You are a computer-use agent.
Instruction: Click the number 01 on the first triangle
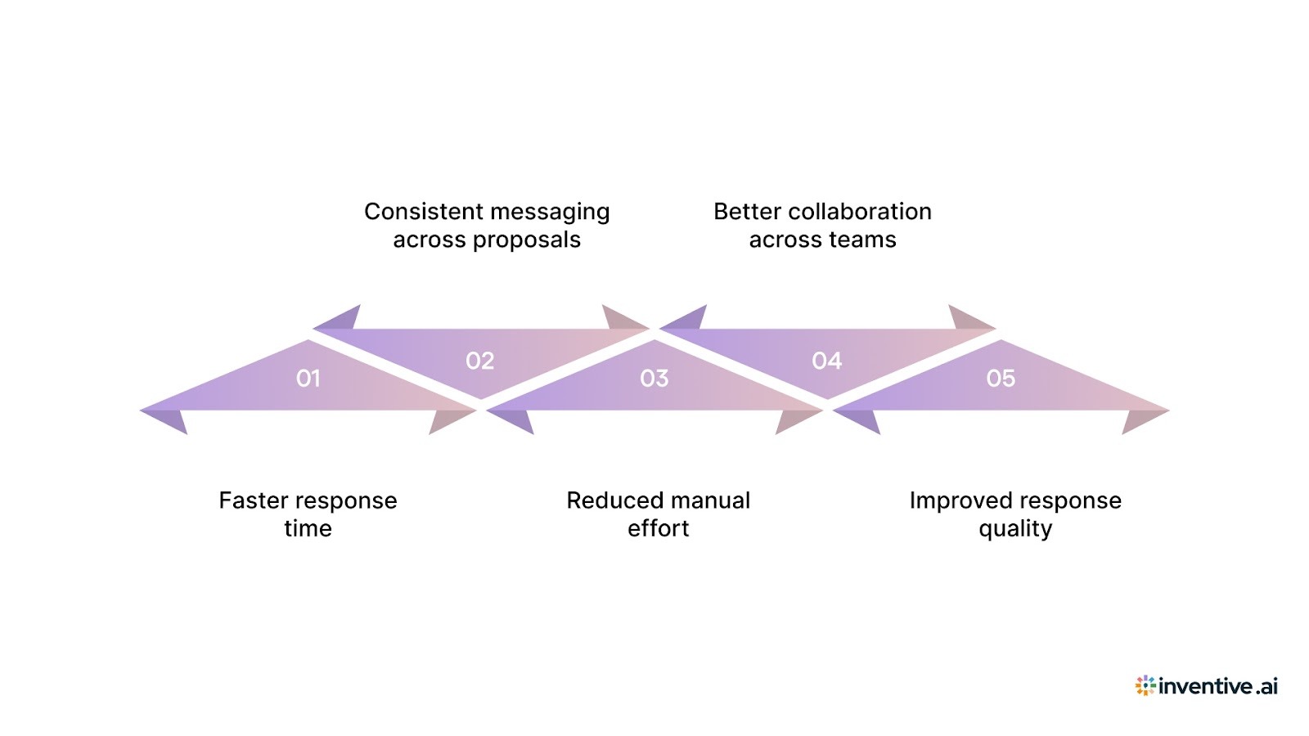click(x=308, y=378)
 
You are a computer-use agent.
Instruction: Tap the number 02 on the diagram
click(x=480, y=361)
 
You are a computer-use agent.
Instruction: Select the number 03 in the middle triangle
click(x=654, y=378)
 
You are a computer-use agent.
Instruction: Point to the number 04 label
click(x=826, y=361)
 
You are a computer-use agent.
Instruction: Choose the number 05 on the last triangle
click(x=1000, y=378)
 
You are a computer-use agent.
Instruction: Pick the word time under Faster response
click(x=308, y=529)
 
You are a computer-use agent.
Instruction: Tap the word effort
click(x=658, y=529)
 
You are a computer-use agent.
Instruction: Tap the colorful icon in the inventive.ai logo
click(x=1145, y=685)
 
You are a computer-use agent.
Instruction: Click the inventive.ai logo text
click(x=1217, y=686)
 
